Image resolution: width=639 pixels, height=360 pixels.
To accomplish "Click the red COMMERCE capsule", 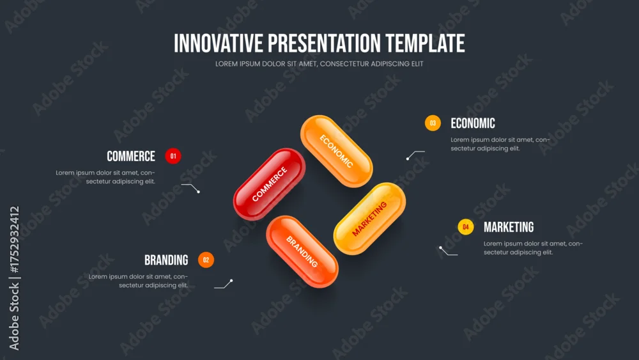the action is [x=269, y=184].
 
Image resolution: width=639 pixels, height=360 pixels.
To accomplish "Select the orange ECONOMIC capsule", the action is [x=337, y=152].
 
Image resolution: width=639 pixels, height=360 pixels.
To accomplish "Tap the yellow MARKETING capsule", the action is [x=369, y=219].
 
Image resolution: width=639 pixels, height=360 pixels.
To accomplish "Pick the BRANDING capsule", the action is [x=302, y=251].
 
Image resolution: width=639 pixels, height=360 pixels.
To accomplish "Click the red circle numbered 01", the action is [x=173, y=156].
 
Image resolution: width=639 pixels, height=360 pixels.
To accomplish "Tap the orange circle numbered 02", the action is [x=206, y=260].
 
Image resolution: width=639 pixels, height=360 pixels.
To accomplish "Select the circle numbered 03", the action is [x=433, y=123].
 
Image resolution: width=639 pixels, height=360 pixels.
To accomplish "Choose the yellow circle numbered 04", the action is [x=466, y=227].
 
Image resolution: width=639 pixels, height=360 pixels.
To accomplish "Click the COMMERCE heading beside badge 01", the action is [x=131, y=156].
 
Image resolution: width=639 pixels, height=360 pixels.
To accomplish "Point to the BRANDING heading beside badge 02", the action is [x=166, y=260].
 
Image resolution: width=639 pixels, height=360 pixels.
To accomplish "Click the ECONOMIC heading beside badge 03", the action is [x=473, y=123].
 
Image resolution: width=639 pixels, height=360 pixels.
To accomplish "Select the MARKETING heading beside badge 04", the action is [x=509, y=227].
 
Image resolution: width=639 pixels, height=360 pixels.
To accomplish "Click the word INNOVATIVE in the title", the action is [x=219, y=43].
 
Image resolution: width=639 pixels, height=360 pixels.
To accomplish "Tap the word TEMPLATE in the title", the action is [x=425, y=43].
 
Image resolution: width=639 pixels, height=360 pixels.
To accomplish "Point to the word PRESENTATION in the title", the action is [x=325, y=43].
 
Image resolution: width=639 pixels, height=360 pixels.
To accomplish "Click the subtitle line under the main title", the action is [x=319, y=64].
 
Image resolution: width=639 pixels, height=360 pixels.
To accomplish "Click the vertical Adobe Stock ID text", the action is [x=14, y=278].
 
